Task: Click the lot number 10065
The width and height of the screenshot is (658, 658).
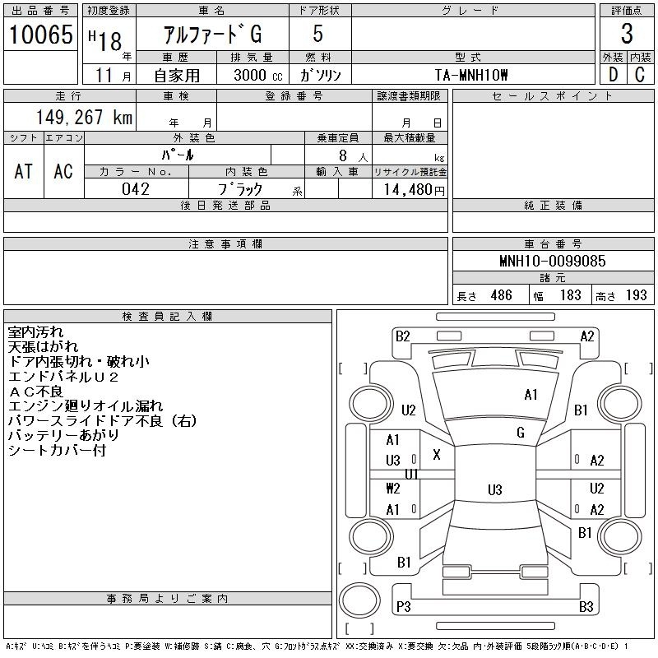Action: pos(40,35)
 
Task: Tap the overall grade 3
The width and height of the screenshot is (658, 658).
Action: pos(627,34)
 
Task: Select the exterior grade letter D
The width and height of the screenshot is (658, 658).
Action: pos(613,75)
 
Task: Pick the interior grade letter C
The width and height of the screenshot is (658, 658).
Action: pos(640,75)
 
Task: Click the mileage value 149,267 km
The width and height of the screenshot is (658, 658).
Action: pos(84,117)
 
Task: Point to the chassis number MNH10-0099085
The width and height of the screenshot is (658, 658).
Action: pos(553,261)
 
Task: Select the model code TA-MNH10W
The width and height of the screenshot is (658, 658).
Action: pos(471,75)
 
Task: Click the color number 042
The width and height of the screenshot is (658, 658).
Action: pos(136,189)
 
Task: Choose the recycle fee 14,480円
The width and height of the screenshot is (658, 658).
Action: pos(415,190)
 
